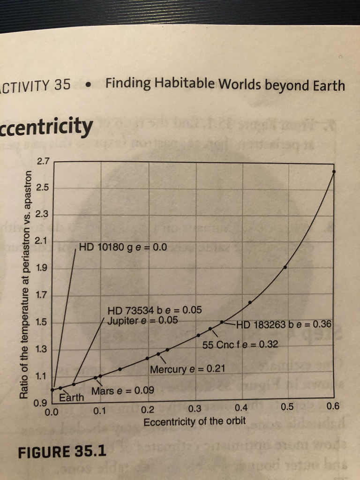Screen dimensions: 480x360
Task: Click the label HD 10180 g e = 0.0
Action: pyautogui.click(x=123, y=247)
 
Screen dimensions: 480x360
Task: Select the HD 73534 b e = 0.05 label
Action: pyautogui.click(x=154, y=310)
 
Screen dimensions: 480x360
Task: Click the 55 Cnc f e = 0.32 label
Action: pyautogui.click(x=240, y=345)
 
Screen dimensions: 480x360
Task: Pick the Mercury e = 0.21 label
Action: pyautogui.click(x=187, y=369)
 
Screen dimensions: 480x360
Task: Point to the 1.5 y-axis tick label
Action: pyautogui.click(x=42, y=322)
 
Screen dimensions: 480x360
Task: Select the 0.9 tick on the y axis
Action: pyautogui.click(x=42, y=403)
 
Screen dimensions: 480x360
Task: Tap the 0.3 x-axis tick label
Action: pyautogui.click(x=194, y=408)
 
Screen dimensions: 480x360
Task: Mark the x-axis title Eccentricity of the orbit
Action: pyautogui.click(x=194, y=421)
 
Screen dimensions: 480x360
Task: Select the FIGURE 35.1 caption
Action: pyautogui.click(x=62, y=452)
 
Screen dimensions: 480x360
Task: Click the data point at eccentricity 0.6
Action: pyautogui.click(x=334, y=172)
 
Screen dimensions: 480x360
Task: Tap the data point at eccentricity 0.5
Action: pyautogui.click(x=285, y=267)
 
